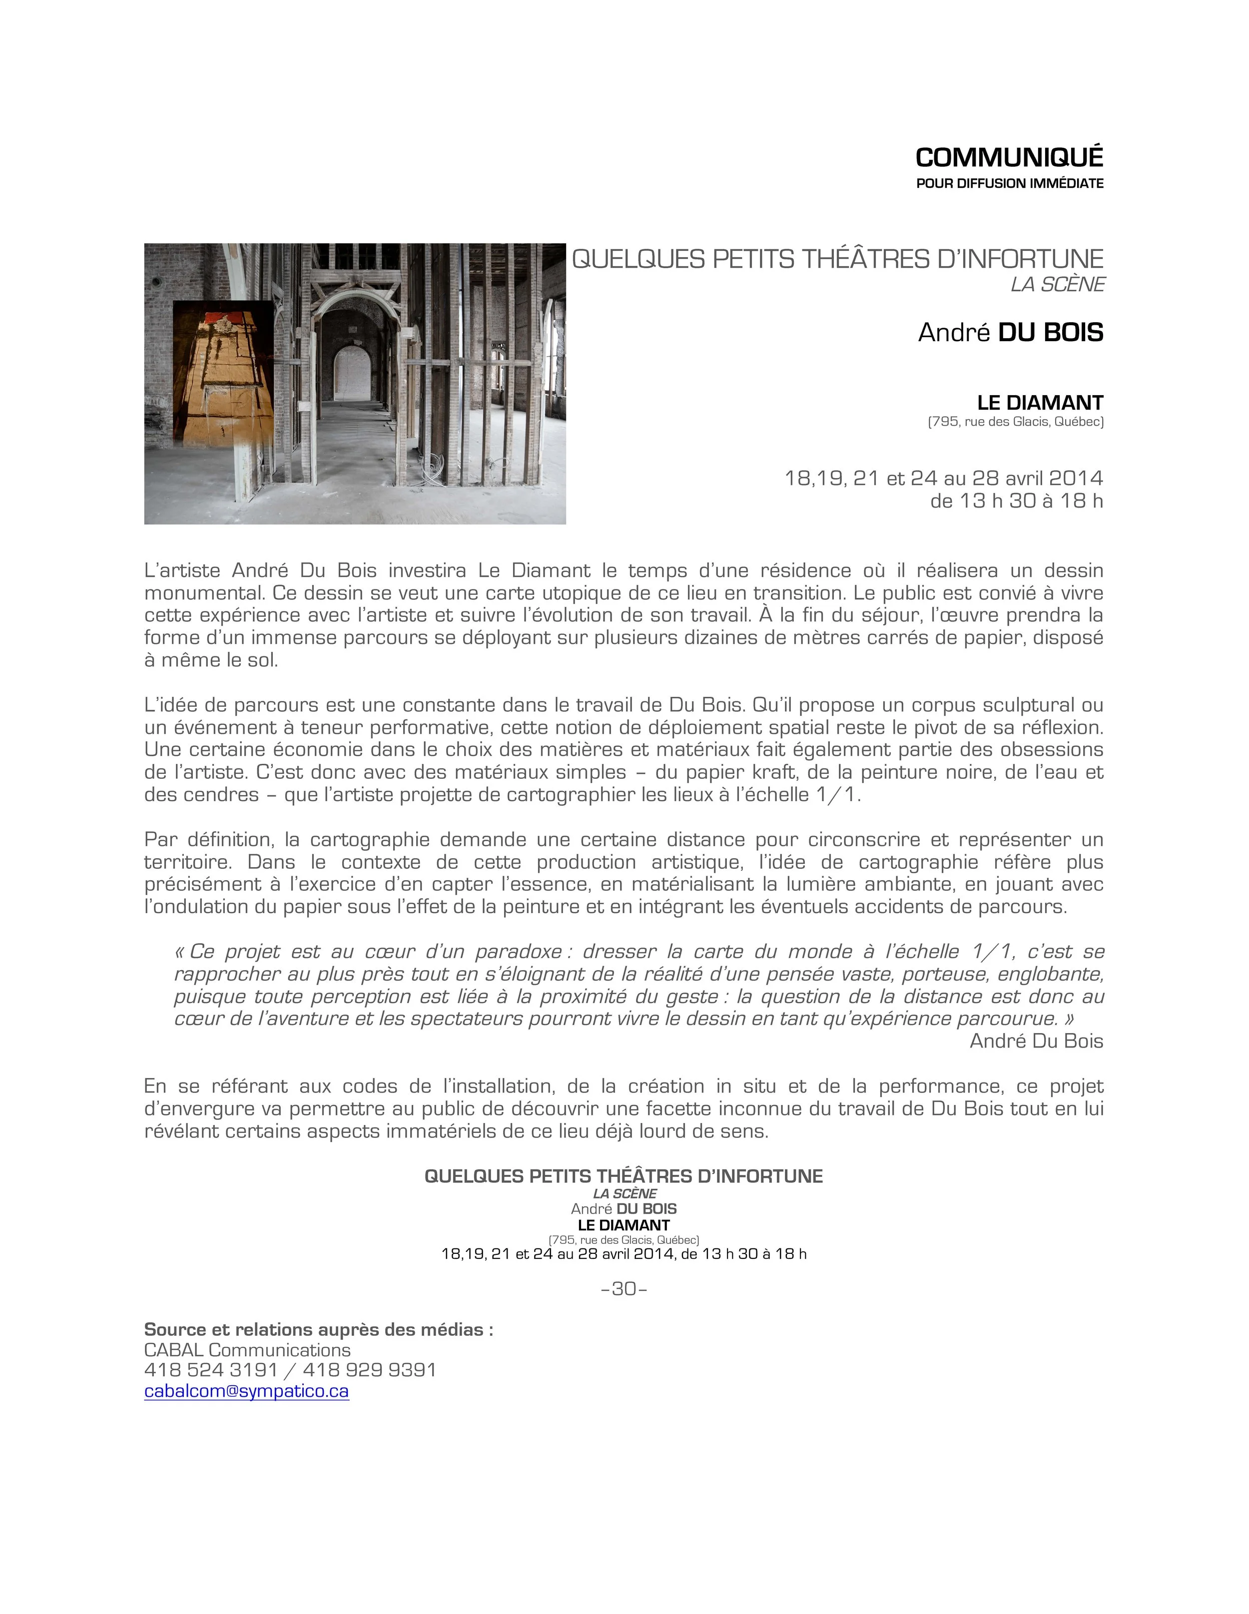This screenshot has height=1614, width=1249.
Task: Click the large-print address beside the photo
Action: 1016,423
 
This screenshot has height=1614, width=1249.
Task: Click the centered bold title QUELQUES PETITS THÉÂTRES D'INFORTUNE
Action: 623,1176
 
